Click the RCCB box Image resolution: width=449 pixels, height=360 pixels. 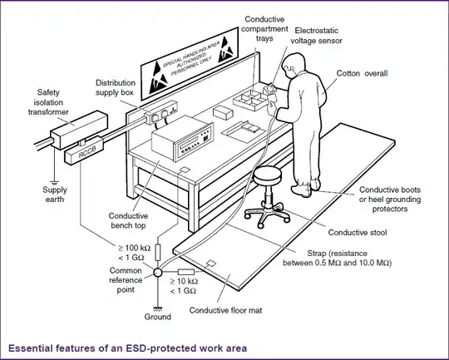84,150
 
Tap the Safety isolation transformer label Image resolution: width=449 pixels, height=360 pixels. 48,102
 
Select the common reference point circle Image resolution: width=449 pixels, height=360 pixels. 158,273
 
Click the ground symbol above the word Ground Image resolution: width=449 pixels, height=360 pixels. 158,309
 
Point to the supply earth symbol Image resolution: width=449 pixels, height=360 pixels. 54,183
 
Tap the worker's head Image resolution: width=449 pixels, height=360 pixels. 293,65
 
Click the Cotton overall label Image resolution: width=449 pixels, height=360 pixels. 362,73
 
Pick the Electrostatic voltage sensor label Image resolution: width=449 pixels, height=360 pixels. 317,36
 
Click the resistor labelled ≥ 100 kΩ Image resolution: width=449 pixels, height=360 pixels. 158,252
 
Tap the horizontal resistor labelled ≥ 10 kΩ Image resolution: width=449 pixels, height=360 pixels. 186,272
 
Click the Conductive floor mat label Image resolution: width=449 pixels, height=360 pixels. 225,310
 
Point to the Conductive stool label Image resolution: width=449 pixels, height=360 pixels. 358,232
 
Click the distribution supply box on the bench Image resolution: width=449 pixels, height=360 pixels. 161,112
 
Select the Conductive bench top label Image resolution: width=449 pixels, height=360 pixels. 128,220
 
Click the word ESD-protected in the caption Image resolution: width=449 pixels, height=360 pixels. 161,348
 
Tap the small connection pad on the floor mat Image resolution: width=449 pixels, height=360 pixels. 211,263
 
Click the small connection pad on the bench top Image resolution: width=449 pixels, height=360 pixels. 185,170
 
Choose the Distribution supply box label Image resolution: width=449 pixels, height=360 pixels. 116,87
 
